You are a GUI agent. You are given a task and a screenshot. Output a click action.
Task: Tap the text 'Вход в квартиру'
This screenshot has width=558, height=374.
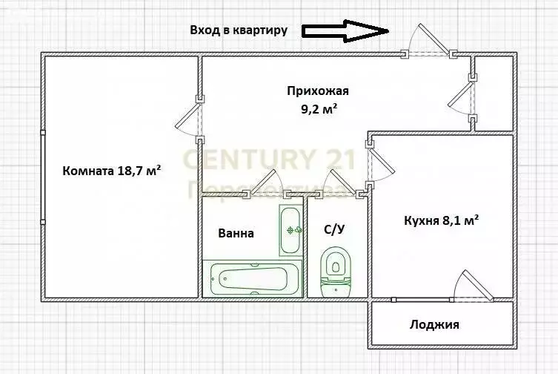tap(238, 30)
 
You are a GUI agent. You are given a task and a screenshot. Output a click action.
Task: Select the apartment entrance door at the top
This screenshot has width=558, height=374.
tap(428, 42)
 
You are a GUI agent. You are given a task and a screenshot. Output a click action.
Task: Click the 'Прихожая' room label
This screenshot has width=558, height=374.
tap(317, 91)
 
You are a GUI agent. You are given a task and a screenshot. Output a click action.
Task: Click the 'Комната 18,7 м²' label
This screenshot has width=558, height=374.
tap(112, 170)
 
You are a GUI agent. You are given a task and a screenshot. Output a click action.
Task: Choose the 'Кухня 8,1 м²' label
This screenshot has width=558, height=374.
tap(441, 220)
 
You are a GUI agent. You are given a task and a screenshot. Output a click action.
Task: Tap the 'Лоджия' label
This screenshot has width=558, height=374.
tap(434, 324)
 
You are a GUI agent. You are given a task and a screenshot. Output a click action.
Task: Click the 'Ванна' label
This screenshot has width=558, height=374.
tap(236, 233)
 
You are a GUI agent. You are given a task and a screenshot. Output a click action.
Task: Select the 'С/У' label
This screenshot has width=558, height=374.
tap(335, 229)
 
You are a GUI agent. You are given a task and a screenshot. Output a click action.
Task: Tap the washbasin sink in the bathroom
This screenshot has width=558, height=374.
tap(290, 229)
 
